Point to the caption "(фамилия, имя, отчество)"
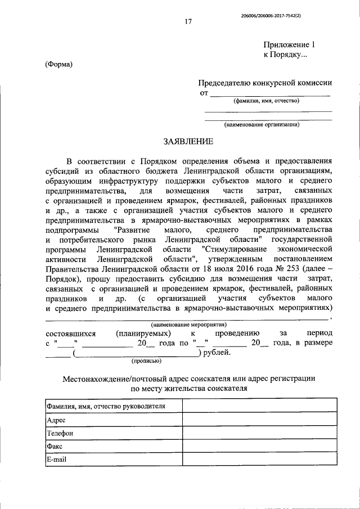pyautogui.click(x=267, y=101)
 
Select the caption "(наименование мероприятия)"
pyautogui.click(x=188, y=325)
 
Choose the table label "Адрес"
pyautogui.click(x=57, y=420)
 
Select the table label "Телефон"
pyautogui.click(x=60, y=434)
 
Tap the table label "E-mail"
pyautogui.click(x=57, y=460)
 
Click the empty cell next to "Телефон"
pyautogui.click(x=259, y=434)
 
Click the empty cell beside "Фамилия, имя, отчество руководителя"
pyautogui.click(x=259, y=406)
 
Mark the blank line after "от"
pyautogui.click(x=270, y=92)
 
